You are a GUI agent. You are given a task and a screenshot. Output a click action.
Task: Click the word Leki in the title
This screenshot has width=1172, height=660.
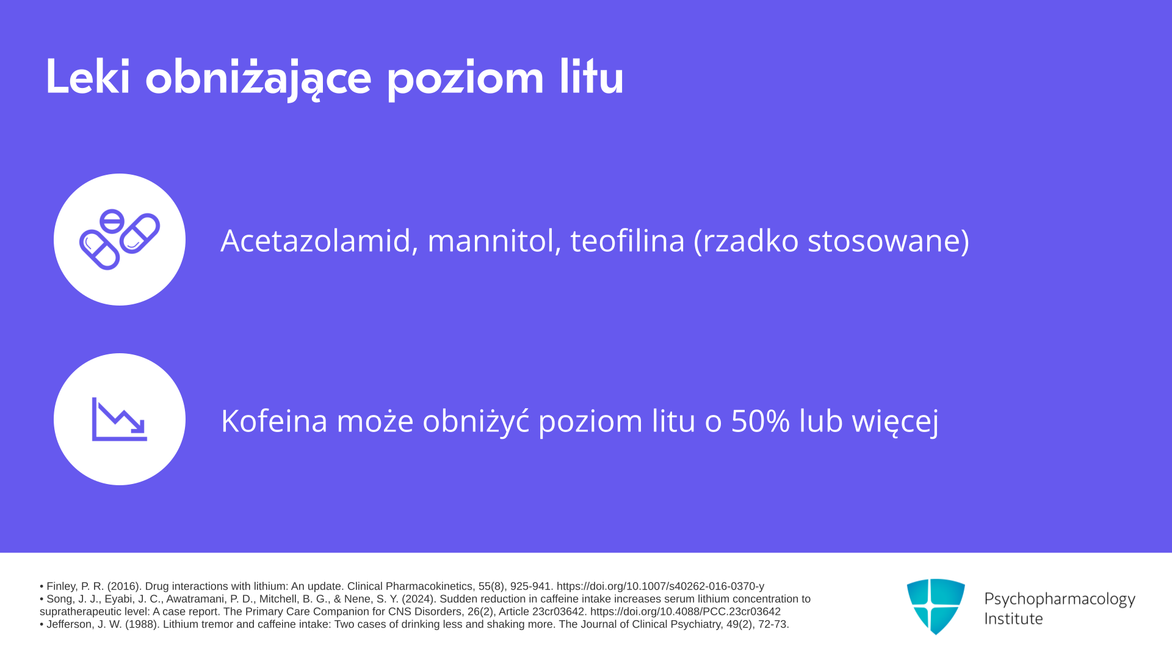[x=88, y=76]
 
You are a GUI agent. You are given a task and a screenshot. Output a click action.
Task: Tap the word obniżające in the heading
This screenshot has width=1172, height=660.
[x=258, y=78]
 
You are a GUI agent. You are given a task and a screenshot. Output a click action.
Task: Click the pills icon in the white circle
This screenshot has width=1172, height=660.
[x=120, y=240]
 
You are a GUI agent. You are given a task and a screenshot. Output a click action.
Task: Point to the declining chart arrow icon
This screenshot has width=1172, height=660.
[x=120, y=419]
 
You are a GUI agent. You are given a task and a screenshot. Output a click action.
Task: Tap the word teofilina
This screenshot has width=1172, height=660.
[x=628, y=240]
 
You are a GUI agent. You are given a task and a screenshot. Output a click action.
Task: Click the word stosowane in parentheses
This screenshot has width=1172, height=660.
[x=888, y=241]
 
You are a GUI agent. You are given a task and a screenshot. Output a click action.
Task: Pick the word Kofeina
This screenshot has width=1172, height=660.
[x=275, y=421]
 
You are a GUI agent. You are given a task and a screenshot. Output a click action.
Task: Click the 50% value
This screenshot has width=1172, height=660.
[x=761, y=421]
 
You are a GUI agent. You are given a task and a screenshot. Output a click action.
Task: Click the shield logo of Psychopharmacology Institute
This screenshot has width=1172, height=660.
[x=936, y=606]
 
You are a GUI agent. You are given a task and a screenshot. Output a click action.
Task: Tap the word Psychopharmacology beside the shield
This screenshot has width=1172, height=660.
[x=1060, y=599]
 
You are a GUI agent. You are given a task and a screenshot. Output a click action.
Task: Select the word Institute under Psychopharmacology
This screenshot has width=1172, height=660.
[x=1013, y=619]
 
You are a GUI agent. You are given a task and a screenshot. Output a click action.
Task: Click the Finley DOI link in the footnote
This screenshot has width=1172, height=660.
[x=660, y=586]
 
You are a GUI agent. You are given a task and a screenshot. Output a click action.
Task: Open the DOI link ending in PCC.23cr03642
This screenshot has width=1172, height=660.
[x=685, y=612]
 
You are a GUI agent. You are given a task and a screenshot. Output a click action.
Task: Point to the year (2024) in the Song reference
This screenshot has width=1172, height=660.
[x=418, y=599]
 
